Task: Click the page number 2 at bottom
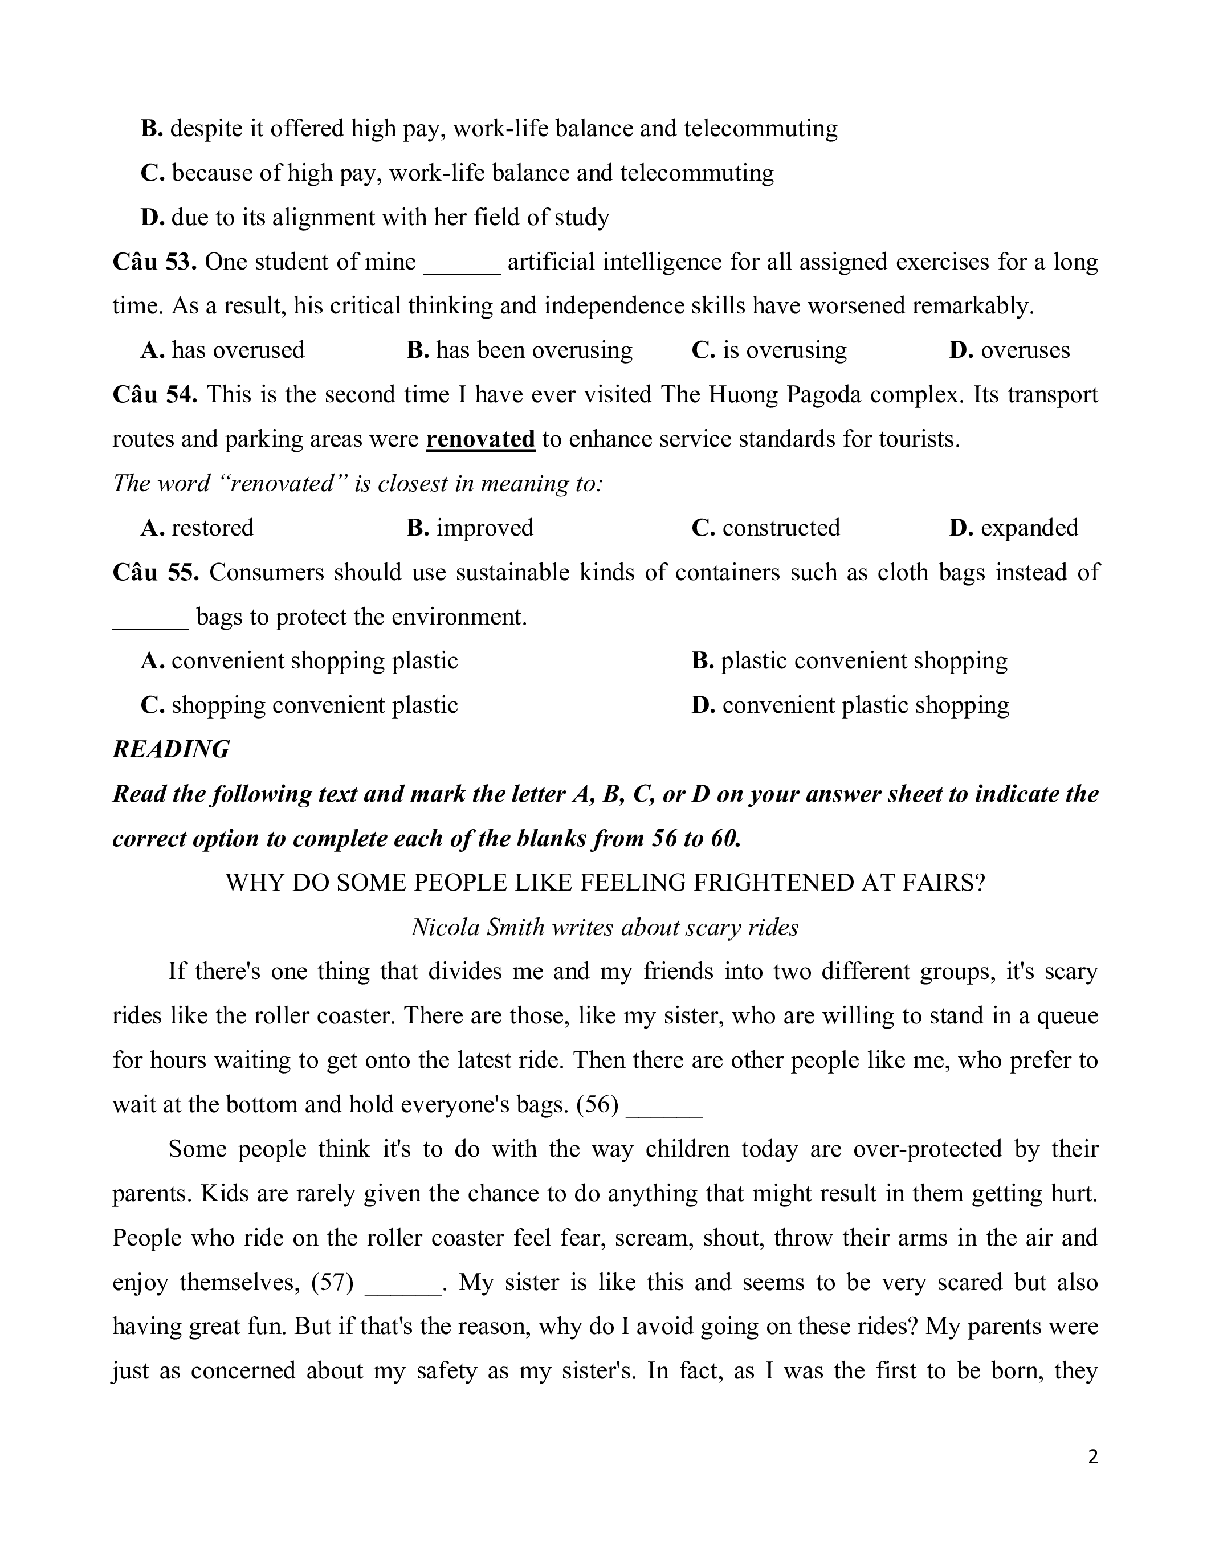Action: (x=1092, y=1456)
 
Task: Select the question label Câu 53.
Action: (x=154, y=262)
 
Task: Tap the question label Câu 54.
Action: (x=154, y=395)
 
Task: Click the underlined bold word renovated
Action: (x=480, y=439)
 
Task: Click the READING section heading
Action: (x=171, y=749)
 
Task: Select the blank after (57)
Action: (x=402, y=1283)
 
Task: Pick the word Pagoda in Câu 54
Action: (x=823, y=395)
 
